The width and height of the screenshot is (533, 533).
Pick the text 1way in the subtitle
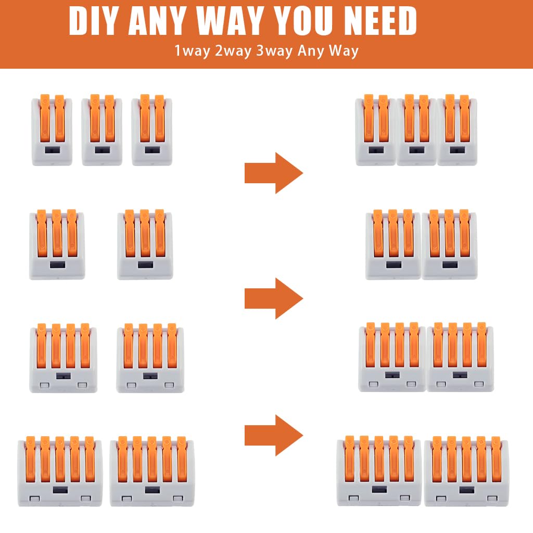(193, 51)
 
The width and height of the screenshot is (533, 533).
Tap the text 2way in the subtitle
(233, 51)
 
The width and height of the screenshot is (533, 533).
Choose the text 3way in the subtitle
(274, 51)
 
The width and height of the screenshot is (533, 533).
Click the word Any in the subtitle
(310, 51)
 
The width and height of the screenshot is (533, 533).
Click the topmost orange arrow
(274, 173)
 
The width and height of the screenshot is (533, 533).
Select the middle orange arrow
(274, 298)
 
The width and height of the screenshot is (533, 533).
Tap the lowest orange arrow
(274, 436)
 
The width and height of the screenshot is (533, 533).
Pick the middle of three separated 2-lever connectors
(102, 130)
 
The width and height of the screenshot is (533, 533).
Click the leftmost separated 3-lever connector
(57, 245)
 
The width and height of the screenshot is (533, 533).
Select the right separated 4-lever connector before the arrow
(150, 358)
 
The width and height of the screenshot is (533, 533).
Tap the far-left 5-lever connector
(60, 471)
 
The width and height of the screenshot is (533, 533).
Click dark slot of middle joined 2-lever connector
(416, 150)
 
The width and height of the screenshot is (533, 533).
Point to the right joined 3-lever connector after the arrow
(449, 245)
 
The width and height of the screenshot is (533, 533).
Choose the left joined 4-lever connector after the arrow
(392, 357)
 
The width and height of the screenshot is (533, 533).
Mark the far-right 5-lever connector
(466, 471)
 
